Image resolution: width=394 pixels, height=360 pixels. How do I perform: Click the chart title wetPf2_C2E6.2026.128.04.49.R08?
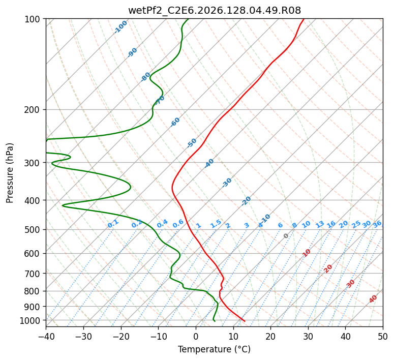coord(215,10)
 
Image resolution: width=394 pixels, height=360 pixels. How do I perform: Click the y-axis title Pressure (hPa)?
coord(10,173)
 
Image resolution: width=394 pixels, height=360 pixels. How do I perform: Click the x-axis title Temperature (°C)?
coord(215,349)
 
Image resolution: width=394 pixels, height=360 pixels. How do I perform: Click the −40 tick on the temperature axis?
coord(46,336)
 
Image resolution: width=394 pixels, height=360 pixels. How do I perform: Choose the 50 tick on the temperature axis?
coord(383,336)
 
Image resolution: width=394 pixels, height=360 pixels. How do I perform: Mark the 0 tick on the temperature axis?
coord(196,336)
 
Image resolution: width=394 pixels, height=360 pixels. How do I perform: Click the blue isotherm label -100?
coord(120,27)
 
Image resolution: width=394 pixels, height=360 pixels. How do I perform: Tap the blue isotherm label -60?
coord(175,122)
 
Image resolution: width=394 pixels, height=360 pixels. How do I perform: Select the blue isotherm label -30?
coord(227,183)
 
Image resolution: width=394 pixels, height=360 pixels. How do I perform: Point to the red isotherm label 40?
coord(373,299)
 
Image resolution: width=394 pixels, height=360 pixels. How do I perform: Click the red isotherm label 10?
coord(307,253)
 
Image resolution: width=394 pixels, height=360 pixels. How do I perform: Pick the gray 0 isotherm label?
coord(286,236)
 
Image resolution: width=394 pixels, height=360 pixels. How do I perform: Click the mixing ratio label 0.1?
coord(113,224)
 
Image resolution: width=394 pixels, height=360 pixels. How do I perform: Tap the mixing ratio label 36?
coord(377,224)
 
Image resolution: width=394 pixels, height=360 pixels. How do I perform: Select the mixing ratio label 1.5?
coord(216,224)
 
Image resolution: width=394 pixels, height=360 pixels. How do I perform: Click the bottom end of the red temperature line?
coord(245,321)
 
